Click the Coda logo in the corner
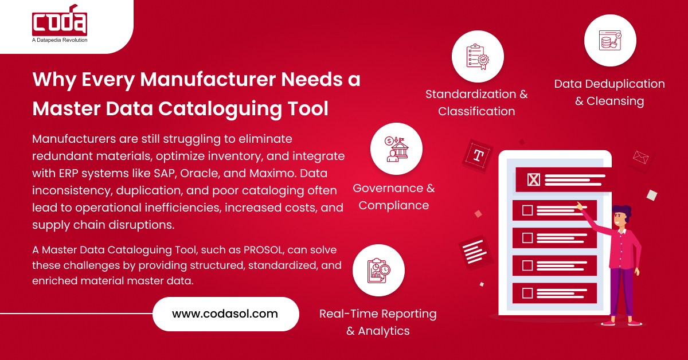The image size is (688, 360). [x=60, y=22]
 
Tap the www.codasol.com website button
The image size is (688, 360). [x=225, y=314]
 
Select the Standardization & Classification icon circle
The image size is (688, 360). [x=478, y=56]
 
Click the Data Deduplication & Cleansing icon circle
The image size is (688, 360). [x=610, y=40]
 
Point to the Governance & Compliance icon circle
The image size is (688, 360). [x=396, y=149]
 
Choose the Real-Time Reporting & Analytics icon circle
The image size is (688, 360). [x=378, y=271]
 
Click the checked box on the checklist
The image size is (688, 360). [x=534, y=180]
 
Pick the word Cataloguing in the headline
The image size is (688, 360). [x=201, y=108]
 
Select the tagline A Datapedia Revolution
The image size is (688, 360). [x=60, y=40]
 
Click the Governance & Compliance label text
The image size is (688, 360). [x=394, y=197]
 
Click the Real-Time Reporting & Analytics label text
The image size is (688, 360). [x=378, y=322]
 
